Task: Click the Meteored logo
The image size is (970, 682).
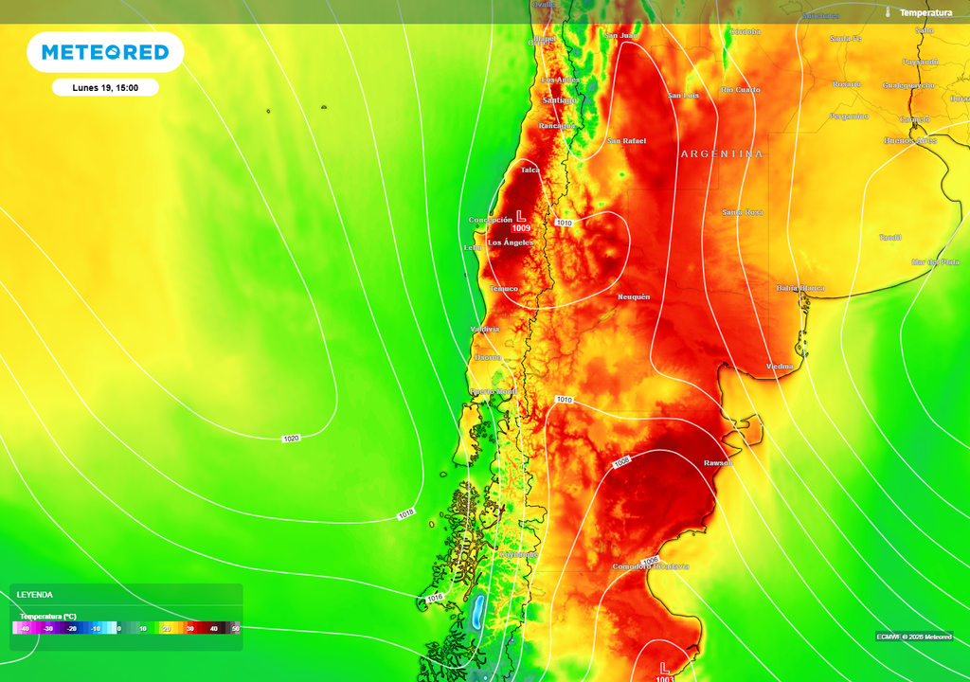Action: tap(104, 52)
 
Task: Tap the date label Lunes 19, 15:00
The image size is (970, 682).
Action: tap(105, 88)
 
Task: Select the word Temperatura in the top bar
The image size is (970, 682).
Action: tap(925, 12)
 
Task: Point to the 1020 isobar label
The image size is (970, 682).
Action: tap(292, 439)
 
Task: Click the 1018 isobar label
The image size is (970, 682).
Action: tap(405, 513)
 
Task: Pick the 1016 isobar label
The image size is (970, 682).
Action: tap(435, 598)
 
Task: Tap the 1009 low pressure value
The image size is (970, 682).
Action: tap(521, 228)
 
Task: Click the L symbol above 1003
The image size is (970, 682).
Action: tap(664, 667)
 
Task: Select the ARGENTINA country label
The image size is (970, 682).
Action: tap(721, 153)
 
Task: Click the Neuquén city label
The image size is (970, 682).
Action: tap(634, 296)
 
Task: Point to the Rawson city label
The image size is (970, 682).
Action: tap(717, 462)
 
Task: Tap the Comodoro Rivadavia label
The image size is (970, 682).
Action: tap(651, 566)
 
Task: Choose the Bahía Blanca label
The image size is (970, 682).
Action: tap(799, 288)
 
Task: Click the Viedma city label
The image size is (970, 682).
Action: tap(779, 366)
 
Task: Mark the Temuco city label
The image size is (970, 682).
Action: tap(504, 289)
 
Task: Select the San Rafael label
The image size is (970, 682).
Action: tap(626, 141)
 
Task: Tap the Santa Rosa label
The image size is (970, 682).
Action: tap(742, 212)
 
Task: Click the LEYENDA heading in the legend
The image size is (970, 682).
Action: tap(35, 595)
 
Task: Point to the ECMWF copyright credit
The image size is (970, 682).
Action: tap(914, 637)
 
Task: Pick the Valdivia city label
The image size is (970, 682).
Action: tap(484, 329)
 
